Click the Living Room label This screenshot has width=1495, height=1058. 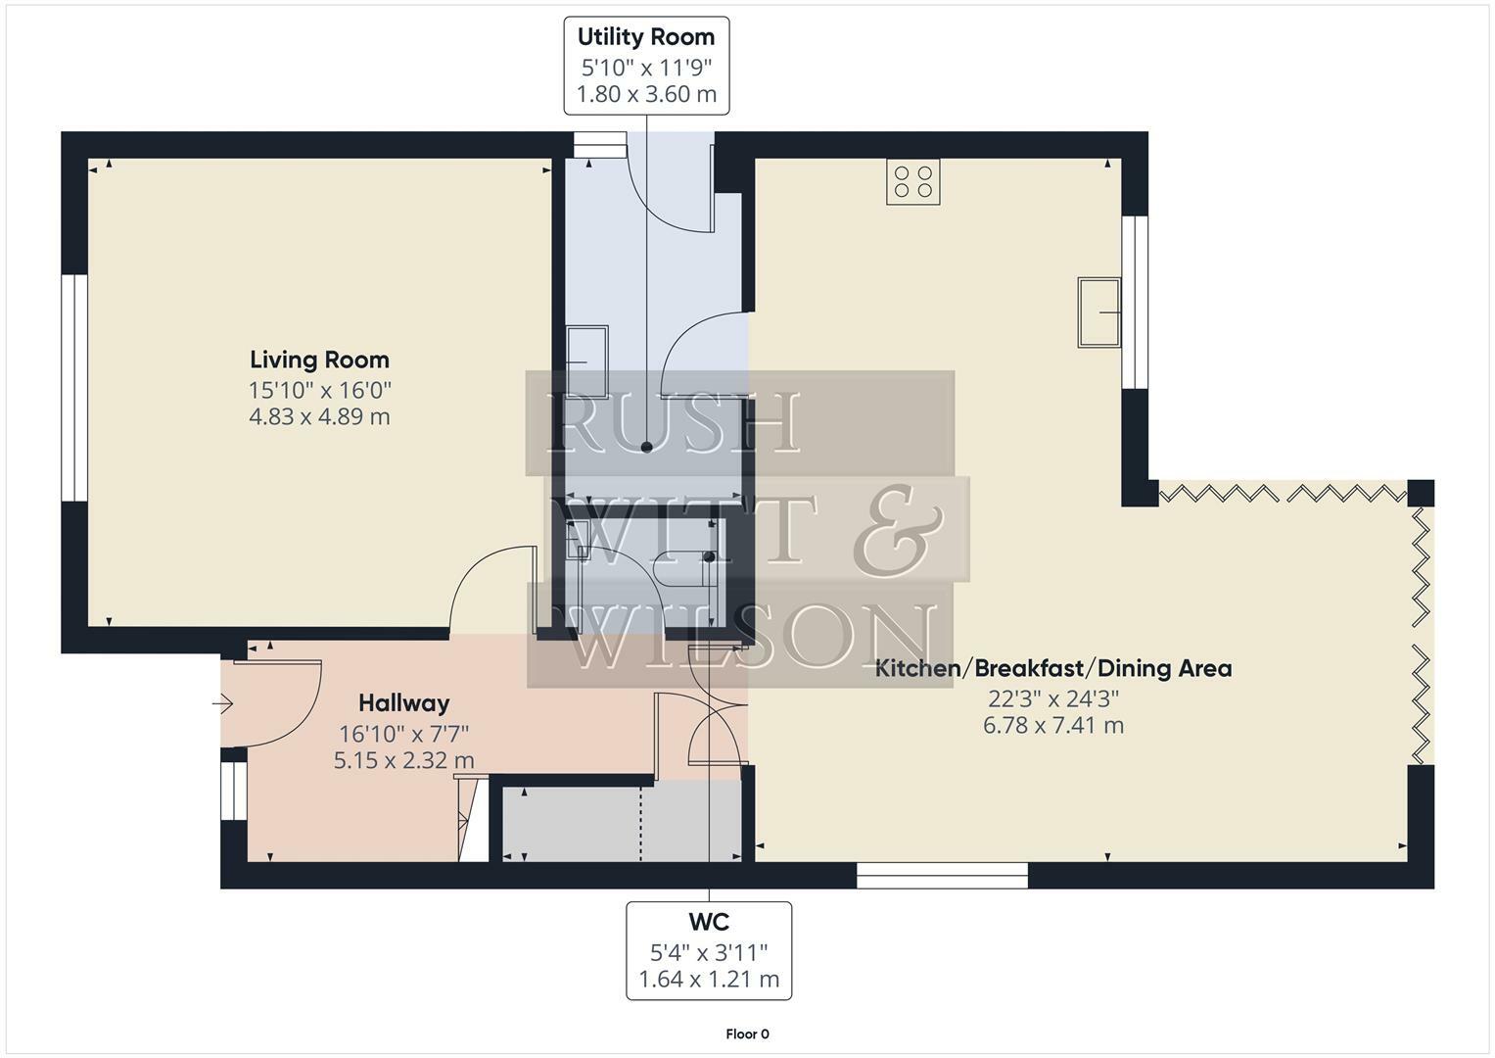point(319,360)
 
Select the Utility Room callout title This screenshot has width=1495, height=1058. point(646,37)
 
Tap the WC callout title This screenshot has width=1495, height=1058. point(709,922)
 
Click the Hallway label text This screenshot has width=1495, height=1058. point(403,702)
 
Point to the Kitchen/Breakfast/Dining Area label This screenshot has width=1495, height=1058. point(1052,668)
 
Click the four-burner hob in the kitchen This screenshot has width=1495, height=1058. point(912,181)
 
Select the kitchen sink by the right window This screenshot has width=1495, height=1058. point(1098,312)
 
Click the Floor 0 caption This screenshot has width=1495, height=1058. point(747,1034)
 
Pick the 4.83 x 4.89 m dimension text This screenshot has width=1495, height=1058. point(319,416)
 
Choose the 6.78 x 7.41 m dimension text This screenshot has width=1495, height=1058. point(1052,726)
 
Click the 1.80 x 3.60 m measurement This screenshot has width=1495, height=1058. point(646,94)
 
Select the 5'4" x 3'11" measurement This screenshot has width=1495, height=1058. point(709,951)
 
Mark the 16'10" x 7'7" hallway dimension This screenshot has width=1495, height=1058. point(403,732)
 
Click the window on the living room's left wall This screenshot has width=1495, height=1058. point(74,388)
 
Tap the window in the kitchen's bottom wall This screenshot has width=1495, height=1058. point(942,875)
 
